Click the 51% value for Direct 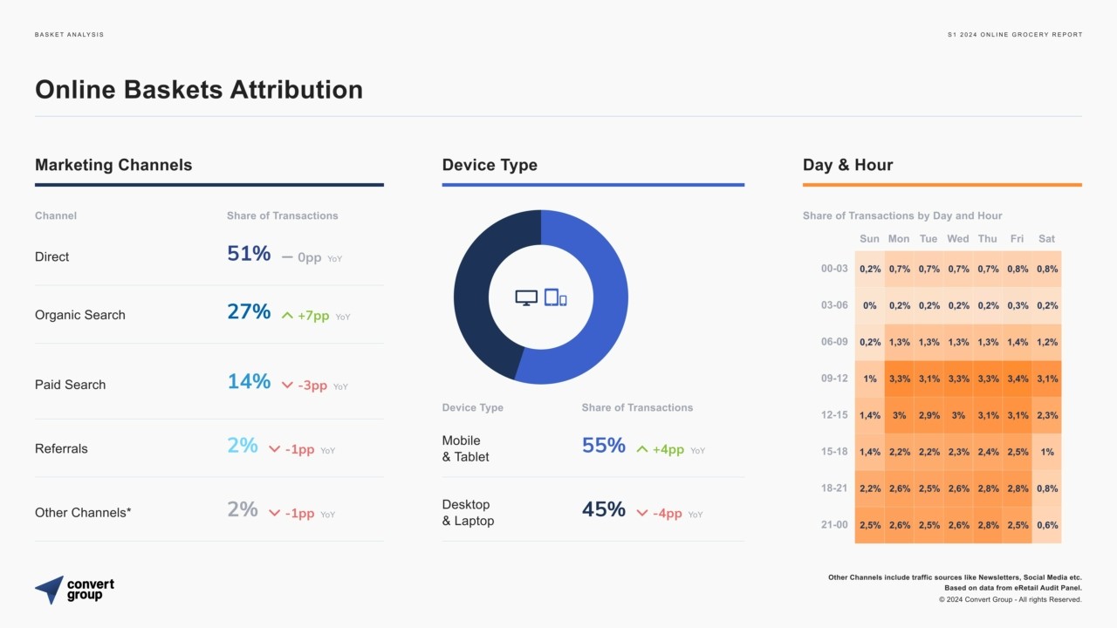tap(249, 254)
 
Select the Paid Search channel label tap(70, 385)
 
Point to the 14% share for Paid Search tap(249, 381)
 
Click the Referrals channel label tap(61, 448)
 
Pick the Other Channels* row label tap(83, 513)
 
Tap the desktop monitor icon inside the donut tap(526, 297)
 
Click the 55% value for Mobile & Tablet tap(604, 446)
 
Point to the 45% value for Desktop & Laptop tap(604, 509)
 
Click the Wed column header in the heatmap tap(957, 239)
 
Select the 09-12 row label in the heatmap tap(834, 379)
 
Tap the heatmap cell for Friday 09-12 tap(1018, 379)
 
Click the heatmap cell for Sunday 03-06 tap(869, 305)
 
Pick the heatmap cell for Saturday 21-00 tap(1047, 525)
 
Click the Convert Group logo tap(75, 590)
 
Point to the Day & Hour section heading tap(847, 165)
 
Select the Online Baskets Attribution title tap(199, 90)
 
